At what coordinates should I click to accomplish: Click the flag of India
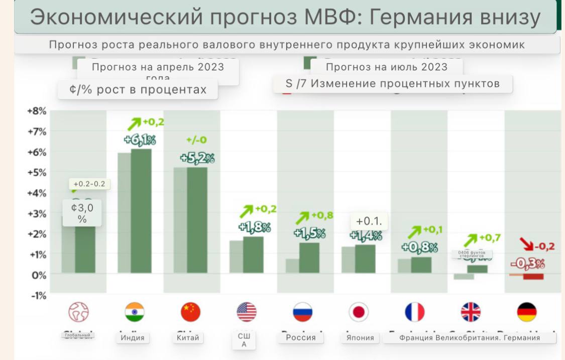135,312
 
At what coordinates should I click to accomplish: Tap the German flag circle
526,312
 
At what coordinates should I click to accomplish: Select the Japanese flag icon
359,312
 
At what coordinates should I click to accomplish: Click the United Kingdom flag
471,312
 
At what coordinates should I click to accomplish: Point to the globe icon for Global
78,312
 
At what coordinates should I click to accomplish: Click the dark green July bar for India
141,211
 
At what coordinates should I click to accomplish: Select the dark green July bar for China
197,220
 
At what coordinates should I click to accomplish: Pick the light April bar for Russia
292,266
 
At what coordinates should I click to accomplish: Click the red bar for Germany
533,277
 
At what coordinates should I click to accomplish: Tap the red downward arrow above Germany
525,246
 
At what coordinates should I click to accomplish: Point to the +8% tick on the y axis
37,111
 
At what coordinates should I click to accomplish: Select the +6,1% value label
140,140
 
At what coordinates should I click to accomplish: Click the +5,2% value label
197,159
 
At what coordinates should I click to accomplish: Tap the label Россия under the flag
301,337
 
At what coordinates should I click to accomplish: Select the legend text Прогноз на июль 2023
386,67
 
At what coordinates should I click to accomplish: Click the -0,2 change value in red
544,246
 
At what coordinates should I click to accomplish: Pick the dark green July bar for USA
253,255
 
